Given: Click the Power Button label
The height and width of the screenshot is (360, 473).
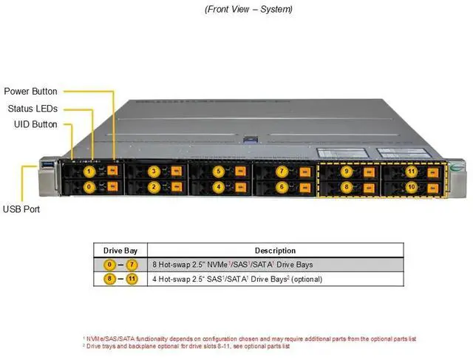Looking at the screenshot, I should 30,92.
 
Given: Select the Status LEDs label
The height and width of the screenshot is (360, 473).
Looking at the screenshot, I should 32,108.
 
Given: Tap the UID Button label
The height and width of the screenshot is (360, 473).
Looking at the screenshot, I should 35,124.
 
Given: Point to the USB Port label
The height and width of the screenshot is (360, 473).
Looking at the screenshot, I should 21,209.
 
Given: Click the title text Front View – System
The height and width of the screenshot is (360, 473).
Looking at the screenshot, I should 248,9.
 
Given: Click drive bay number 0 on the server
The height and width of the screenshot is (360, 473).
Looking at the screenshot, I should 89,188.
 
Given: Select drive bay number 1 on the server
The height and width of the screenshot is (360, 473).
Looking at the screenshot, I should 89,171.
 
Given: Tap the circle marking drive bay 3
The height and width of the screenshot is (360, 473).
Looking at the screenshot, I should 154,171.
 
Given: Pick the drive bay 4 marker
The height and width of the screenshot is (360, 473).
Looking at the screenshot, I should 218,188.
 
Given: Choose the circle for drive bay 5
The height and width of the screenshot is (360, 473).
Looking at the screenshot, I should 218,171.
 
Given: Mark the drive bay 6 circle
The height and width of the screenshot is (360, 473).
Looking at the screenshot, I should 282,188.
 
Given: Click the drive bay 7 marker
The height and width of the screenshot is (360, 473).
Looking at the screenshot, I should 282,171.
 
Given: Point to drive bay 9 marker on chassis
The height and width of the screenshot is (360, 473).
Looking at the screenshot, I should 347,171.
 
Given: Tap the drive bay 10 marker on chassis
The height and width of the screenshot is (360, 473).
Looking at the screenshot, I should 412,188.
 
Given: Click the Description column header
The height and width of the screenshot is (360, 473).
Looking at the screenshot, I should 275,251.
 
